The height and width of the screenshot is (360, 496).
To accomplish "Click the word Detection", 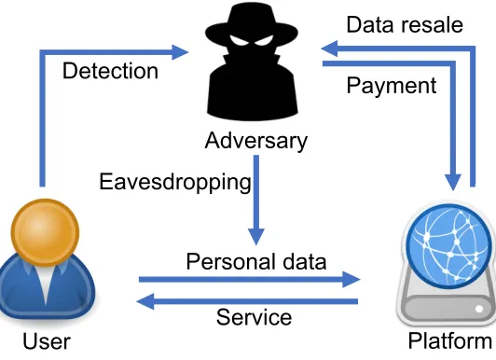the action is (110, 71).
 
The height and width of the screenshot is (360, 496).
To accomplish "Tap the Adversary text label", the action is (255, 141).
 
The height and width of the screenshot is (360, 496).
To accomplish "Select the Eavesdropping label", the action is (175, 183).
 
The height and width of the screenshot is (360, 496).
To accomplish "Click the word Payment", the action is (392, 86).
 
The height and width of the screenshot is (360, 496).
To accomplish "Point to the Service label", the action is (254, 317).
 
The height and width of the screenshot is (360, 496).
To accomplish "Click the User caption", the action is (47, 341).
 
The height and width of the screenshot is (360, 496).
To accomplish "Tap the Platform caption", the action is (449, 341).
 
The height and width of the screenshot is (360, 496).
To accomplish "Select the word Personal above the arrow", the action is (230, 262).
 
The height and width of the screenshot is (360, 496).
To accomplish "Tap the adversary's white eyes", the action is (252, 40).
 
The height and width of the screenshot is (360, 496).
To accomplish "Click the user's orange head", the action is (46, 232).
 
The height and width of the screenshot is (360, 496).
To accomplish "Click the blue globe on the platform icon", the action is (448, 246).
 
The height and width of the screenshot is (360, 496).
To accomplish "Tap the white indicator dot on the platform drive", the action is (479, 309).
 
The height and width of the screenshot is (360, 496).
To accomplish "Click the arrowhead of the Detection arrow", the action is (180, 52).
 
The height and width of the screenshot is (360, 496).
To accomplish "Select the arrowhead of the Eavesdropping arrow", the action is (255, 237).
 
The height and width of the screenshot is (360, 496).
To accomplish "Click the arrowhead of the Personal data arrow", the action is (351, 280).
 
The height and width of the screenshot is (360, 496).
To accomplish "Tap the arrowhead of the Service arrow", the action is (145, 301).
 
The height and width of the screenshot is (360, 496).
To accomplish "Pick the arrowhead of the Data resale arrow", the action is (329, 48).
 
